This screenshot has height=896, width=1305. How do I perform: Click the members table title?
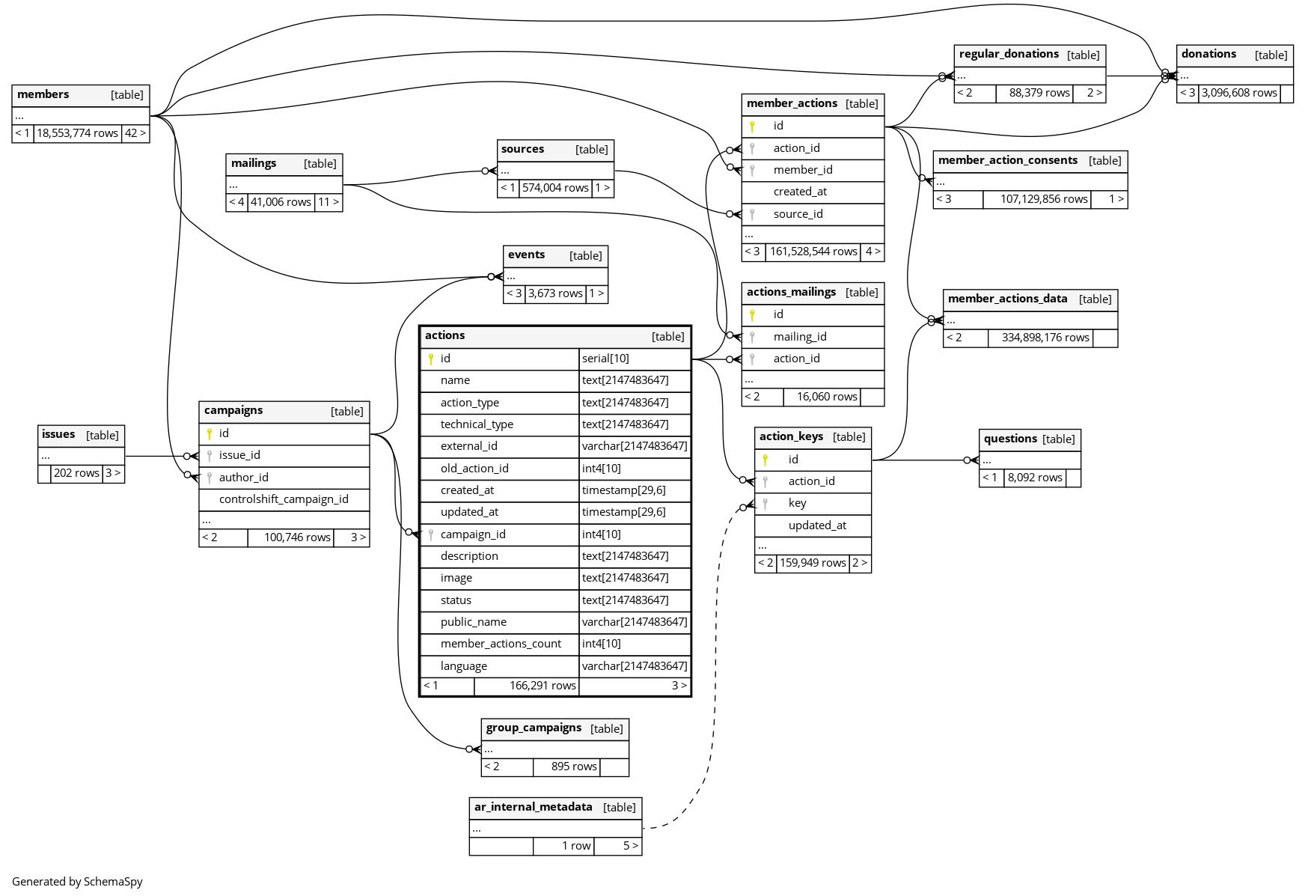point(43,94)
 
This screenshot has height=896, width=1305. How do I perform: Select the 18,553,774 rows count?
point(77,133)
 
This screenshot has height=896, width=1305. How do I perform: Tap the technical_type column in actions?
point(477,424)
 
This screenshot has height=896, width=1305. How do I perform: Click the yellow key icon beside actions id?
point(431,359)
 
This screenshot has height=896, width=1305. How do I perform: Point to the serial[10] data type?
point(605,359)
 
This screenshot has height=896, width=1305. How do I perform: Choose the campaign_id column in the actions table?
point(473,534)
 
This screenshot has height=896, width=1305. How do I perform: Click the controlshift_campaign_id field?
point(284,499)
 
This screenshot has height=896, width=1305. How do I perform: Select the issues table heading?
point(58,434)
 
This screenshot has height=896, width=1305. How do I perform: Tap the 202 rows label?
point(76,473)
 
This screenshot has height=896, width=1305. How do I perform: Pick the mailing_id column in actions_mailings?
point(800,337)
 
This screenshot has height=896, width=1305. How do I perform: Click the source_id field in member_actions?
point(798,214)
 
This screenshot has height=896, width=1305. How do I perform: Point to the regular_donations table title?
point(1009,54)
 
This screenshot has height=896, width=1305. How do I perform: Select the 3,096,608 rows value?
point(1239,93)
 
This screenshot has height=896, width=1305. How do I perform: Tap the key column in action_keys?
point(797,503)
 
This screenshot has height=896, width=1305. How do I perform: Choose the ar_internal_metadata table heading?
point(533,807)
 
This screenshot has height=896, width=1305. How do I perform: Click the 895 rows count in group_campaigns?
point(574,767)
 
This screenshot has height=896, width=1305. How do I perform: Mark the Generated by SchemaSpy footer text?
point(77,882)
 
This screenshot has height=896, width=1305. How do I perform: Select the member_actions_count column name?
point(501,644)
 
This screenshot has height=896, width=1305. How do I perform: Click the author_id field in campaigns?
point(243,478)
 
